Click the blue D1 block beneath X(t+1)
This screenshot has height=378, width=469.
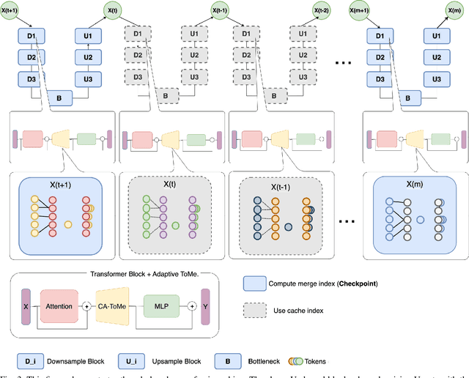31,34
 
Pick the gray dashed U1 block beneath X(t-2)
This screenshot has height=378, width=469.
300,34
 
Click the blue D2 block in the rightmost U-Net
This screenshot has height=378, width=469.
379,56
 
